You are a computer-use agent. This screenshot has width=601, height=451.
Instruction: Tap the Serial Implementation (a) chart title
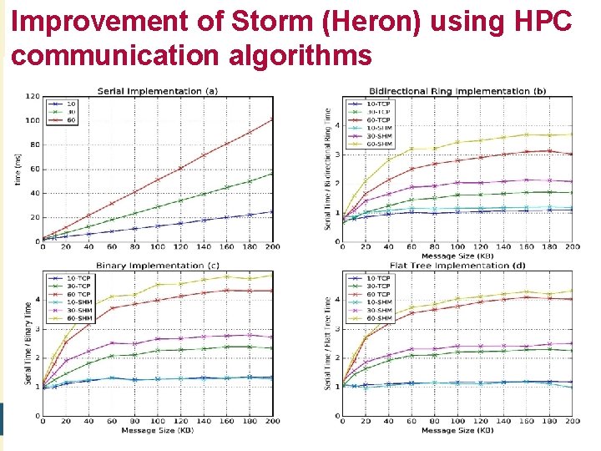pyautogui.click(x=158, y=90)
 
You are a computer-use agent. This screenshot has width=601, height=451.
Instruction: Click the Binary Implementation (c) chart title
pyautogui.click(x=158, y=265)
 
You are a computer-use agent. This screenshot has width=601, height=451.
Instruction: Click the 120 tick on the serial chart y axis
pyautogui.click(x=32, y=96)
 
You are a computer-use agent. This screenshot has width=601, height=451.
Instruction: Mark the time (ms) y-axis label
pyautogui.click(x=18, y=170)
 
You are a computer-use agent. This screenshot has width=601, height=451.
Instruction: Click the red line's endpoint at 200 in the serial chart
pyautogui.click(x=271, y=119)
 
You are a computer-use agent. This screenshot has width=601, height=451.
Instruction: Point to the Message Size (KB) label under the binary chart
pyautogui.click(x=157, y=430)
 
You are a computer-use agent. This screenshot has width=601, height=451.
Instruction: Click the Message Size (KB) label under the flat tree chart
pyautogui.click(x=457, y=430)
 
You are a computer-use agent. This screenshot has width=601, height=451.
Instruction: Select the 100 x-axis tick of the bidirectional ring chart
pyautogui.click(x=457, y=247)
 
